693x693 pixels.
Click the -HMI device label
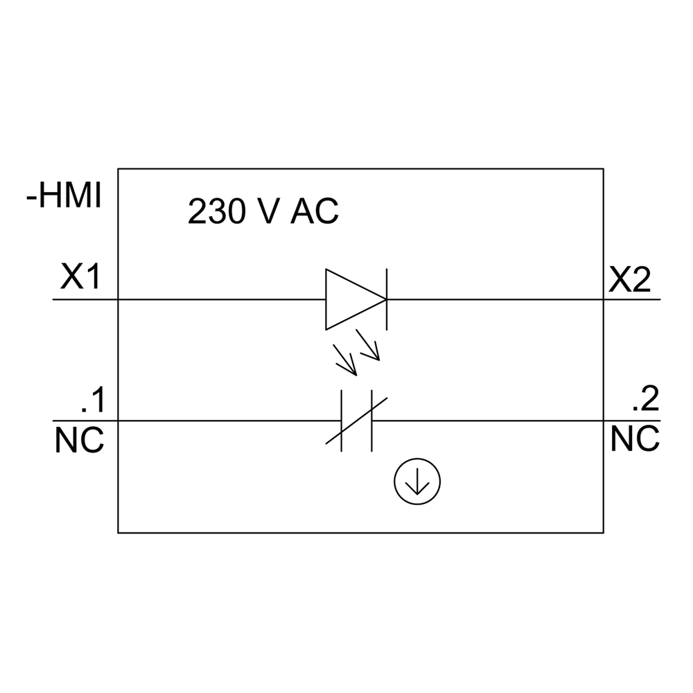[x=64, y=196]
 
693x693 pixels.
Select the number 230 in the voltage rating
[x=216, y=211]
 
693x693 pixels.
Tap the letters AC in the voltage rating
[x=314, y=211]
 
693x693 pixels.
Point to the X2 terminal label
[x=629, y=280]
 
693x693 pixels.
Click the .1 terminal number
[x=94, y=400]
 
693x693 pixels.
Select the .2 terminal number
[x=646, y=400]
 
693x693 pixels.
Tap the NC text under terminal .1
[x=80, y=440]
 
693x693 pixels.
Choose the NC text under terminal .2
[x=635, y=439]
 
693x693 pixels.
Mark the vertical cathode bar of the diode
[x=387, y=299]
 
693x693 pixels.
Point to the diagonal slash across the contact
[x=356, y=421]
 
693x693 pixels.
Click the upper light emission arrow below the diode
[x=368, y=344]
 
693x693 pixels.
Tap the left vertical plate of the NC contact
[x=341, y=421]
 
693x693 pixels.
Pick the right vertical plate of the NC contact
[x=371, y=421]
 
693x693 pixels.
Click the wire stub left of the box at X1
[x=85, y=299]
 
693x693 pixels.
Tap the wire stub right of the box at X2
[x=632, y=299]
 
